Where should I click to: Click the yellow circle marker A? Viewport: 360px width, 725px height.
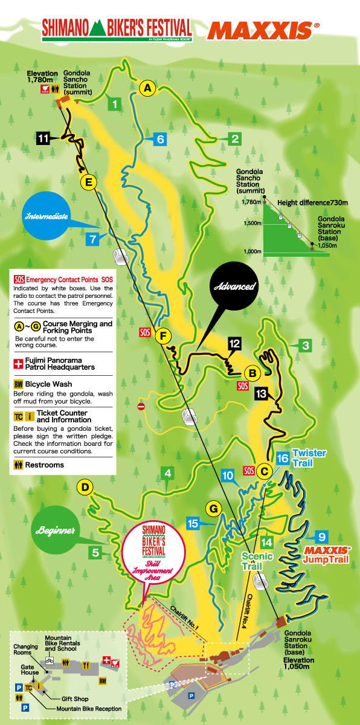(147, 88)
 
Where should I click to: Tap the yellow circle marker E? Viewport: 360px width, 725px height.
(88, 182)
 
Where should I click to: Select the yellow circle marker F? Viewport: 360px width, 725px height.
(161, 336)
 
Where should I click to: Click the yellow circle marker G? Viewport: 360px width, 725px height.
(213, 509)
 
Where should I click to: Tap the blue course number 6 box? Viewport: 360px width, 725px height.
(159, 139)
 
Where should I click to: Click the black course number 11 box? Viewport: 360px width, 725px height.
(43, 138)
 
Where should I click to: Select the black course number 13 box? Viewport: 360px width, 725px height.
(261, 393)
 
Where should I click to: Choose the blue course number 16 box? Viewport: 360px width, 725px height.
(282, 457)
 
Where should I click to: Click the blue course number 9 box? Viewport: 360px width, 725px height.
(322, 536)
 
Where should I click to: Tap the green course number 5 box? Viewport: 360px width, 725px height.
(95, 551)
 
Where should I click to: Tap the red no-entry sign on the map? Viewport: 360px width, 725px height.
(141, 407)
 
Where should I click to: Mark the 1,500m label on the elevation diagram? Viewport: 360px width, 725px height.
(253, 223)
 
